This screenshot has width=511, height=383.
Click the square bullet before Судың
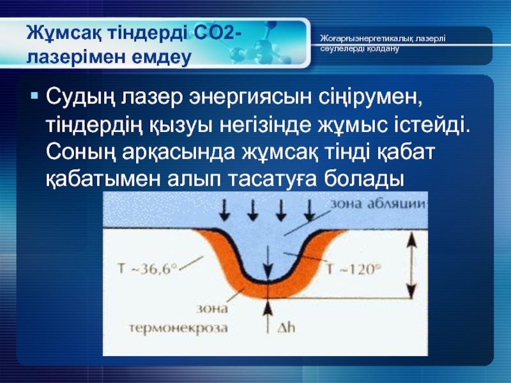coord(34,95)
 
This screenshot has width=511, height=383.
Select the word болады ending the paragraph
coord(363,179)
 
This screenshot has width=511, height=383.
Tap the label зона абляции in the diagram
coord(378,204)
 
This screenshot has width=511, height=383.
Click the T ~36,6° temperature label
coord(147,269)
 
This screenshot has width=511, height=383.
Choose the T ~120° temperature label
coord(353,269)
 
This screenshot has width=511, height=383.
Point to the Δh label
coord(286,327)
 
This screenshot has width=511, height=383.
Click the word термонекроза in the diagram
coord(179,327)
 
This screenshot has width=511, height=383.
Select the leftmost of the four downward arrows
coord(224,210)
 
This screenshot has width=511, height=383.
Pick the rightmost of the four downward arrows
coord(310,210)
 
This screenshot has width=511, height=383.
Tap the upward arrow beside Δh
coord(268,317)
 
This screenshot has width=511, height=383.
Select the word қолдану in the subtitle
coord(383,49)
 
